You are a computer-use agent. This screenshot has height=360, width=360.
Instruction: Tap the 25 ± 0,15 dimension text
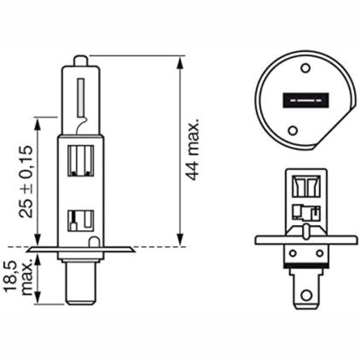pyautogui.click(x=26, y=181)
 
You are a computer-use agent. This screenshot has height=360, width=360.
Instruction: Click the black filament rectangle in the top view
pyautogui.click(x=306, y=100)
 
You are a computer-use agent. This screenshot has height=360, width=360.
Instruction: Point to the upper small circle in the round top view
pyautogui.click(x=306, y=68)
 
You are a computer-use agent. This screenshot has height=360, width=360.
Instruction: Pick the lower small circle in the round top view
pyautogui.click(x=293, y=131)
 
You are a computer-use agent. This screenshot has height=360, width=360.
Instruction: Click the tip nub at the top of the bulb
pyautogui.click(x=81, y=61)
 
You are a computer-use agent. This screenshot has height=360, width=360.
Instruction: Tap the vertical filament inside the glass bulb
pyautogui.click(x=81, y=98)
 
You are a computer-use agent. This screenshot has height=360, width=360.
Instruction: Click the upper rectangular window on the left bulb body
pyautogui.click(x=81, y=161)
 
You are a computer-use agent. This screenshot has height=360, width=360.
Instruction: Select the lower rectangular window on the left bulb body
pyautogui.click(x=81, y=221)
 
